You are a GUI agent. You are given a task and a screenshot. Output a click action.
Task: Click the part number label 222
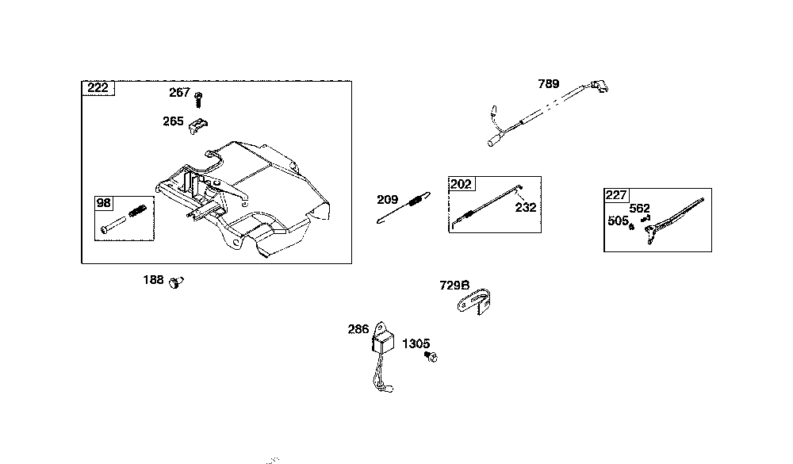click(x=98, y=87)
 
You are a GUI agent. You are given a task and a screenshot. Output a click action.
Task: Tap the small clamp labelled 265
click(x=199, y=125)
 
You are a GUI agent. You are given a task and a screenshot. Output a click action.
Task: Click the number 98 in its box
click(x=104, y=203)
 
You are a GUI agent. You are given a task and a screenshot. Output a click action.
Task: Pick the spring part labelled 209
click(x=406, y=205)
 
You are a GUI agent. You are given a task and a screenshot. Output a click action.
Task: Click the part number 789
click(x=549, y=83)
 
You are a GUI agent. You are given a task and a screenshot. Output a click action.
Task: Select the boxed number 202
click(x=461, y=184)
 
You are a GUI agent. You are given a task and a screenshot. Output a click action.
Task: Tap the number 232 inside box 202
click(x=525, y=207)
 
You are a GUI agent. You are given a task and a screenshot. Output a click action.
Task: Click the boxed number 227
click(x=616, y=195)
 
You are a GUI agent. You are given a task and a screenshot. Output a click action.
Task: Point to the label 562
click(x=639, y=209)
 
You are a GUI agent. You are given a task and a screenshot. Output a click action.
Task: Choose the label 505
click(x=618, y=220)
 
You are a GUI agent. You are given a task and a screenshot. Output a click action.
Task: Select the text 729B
click(x=454, y=285)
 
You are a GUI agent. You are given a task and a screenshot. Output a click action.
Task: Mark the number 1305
click(x=416, y=343)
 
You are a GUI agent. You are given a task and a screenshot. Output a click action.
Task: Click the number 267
click(x=179, y=93)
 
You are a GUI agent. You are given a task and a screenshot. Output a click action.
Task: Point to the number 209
click(x=387, y=199)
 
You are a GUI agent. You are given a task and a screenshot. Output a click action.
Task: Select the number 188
click(x=153, y=280)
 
